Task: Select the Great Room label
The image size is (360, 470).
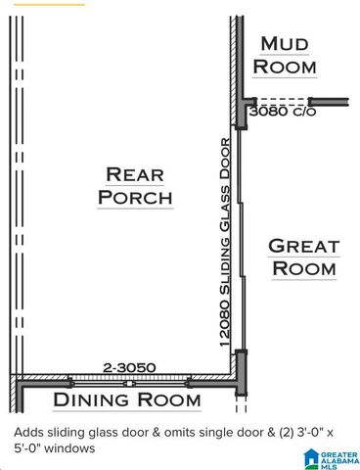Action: (x=304, y=257)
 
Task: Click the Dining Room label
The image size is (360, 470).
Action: (x=127, y=399)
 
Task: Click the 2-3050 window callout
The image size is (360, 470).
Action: (x=129, y=368)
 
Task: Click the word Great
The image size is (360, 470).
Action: (x=304, y=246)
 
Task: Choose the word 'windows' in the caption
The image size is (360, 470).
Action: (x=68, y=448)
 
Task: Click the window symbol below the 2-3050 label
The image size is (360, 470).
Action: (x=129, y=380)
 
